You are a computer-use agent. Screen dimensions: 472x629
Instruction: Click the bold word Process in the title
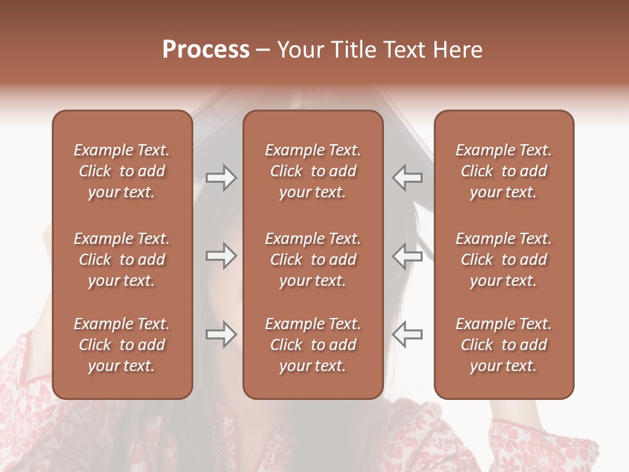tap(206, 50)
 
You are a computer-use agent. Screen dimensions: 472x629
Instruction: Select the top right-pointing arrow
tap(221, 178)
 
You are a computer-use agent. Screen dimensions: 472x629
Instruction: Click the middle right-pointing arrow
tap(221, 256)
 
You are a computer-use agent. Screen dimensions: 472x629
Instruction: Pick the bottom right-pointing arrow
tap(221, 334)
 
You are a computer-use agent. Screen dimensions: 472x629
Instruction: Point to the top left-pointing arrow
tap(408, 178)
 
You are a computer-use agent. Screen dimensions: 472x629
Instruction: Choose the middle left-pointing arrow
tap(408, 256)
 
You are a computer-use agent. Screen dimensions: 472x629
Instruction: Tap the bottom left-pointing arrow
tap(408, 334)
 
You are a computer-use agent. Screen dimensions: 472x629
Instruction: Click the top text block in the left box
tap(122, 171)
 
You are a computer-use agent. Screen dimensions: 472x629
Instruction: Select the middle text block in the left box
tap(122, 260)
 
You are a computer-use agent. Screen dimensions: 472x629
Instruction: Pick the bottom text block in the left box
tap(122, 345)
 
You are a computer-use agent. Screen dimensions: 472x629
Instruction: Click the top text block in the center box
tap(313, 171)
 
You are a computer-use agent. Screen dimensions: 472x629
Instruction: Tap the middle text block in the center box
tap(313, 260)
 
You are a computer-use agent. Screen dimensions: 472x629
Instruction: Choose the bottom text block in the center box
tap(313, 345)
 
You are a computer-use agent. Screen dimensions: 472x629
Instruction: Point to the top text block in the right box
tap(503, 171)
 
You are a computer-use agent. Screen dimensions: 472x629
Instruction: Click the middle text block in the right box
tap(503, 260)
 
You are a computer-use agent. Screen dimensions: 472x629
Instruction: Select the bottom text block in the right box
tap(503, 345)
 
